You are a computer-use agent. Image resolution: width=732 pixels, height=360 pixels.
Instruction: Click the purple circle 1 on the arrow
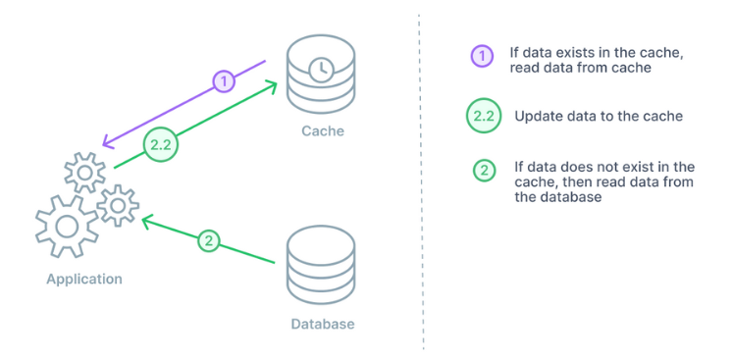225,80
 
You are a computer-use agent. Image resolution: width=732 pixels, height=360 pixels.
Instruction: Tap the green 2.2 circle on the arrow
160,144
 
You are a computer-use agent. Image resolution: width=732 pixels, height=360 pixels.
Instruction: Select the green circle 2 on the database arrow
208,239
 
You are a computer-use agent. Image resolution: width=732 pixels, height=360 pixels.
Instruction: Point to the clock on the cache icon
318,69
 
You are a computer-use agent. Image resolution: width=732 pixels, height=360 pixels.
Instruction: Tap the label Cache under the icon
322,130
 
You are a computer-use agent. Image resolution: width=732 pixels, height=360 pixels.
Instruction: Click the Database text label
322,324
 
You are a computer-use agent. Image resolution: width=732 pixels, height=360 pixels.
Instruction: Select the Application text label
84,279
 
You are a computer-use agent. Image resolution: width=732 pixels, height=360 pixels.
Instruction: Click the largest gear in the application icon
66,225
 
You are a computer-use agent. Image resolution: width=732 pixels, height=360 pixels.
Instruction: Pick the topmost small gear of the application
84,173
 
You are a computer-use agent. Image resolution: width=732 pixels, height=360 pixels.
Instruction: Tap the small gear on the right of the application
118,205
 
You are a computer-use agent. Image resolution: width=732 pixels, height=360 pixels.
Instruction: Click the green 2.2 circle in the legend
483,115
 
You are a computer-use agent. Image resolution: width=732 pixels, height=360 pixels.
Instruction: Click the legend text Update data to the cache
585,116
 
